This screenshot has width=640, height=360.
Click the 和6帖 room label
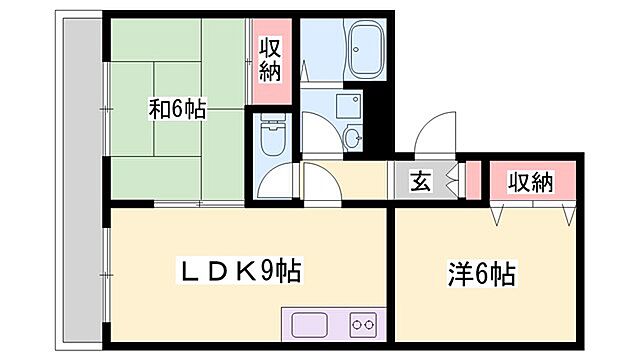(177, 109)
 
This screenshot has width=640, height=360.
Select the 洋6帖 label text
(480, 273)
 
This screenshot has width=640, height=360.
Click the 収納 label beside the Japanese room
(270, 60)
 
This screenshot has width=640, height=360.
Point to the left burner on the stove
(356, 324)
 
